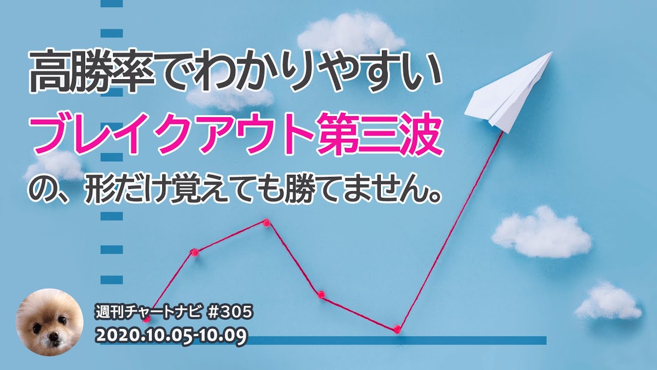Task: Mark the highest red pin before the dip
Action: (266, 223)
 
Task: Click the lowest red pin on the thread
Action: (397, 329)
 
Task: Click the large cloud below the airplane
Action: (542, 234)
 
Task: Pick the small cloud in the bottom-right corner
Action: (608, 302)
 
